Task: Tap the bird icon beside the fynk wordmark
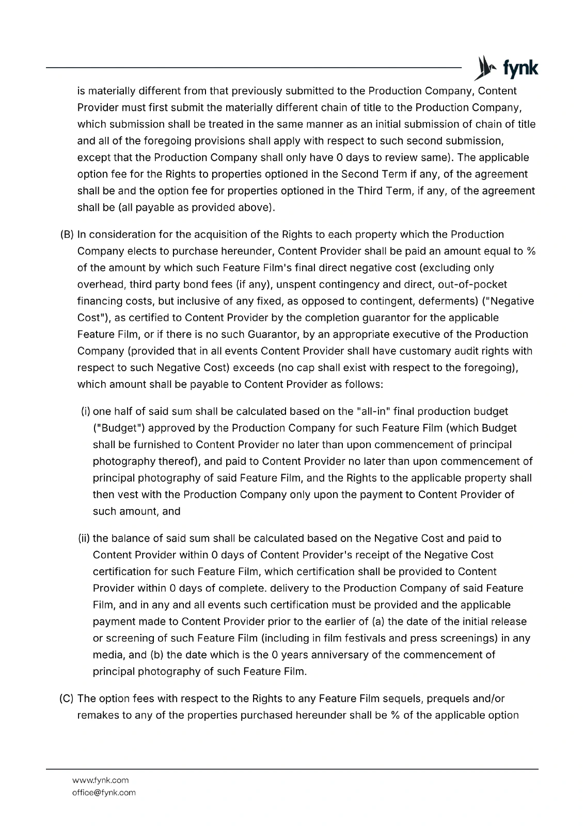pyautogui.click(x=484, y=68)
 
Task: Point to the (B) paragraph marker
pyautogui.click(x=67, y=234)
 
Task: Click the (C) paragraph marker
pyautogui.click(x=67, y=698)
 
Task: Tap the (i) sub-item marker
pyautogui.click(x=86, y=411)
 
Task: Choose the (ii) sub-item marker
pyautogui.click(x=84, y=538)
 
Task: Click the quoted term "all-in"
pyautogui.click(x=374, y=411)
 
